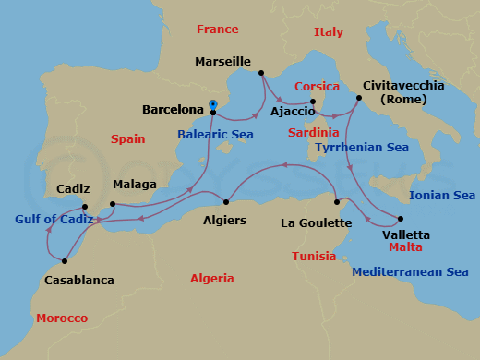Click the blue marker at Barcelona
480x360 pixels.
tap(213, 104)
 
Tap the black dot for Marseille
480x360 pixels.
tap(262, 73)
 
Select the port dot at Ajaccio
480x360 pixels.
tap(314, 102)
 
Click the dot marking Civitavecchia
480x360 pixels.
tap(357, 98)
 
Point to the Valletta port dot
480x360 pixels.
tap(400, 219)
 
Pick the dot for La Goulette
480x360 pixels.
tap(338, 201)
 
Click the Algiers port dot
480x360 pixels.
tap(226, 202)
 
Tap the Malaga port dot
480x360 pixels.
tap(113, 204)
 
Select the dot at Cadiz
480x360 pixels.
tap(85, 207)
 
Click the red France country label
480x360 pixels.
tap(218, 30)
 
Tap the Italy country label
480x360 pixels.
tap(328, 31)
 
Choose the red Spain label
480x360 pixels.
tap(127, 138)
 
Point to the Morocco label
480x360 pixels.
tap(62, 318)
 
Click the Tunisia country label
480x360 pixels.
tap(313, 256)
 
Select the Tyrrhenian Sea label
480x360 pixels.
tap(361, 147)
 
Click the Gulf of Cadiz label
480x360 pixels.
tap(54, 220)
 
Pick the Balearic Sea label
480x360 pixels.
tap(215, 134)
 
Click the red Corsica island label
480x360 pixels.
tap(317, 86)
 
